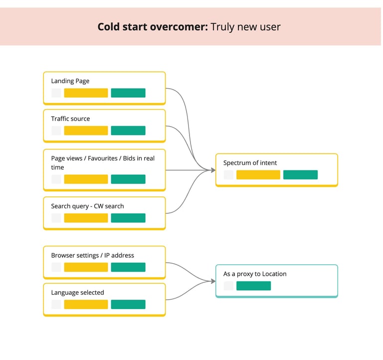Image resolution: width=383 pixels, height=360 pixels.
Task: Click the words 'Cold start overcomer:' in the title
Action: pos(153,27)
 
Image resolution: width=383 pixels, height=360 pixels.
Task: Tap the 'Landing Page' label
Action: pos(70,81)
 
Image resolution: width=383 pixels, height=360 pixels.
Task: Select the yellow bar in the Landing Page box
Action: pos(86,93)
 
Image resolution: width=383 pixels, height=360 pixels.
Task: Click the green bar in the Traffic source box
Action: pos(128,131)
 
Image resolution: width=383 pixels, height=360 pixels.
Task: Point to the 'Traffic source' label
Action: pos(70,119)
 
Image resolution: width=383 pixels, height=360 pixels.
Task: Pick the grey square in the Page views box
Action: pos(56,179)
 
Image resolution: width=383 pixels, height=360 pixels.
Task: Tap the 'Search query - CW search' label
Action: pos(87,206)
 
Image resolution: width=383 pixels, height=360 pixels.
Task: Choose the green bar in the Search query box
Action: pos(128,218)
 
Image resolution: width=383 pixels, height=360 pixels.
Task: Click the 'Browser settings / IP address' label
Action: pos(93,255)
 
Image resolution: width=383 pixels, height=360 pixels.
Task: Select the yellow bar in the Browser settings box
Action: pos(86,267)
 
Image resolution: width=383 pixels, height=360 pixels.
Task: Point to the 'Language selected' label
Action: pos(77,293)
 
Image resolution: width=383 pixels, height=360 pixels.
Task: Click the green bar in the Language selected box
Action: pos(128,304)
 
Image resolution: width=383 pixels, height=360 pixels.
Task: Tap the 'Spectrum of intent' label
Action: pos(250,163)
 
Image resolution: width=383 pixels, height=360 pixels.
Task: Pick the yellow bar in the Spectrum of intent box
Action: pos(258,175)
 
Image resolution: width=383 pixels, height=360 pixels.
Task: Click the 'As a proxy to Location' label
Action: pos(255,274)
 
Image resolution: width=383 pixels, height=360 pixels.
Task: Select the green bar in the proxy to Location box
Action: pos(253,286)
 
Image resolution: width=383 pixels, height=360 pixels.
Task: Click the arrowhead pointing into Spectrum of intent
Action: pos(213,170)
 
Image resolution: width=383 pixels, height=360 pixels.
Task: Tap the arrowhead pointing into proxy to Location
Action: pos(213,281)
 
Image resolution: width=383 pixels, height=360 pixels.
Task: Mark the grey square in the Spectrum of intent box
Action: pos(228,175)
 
